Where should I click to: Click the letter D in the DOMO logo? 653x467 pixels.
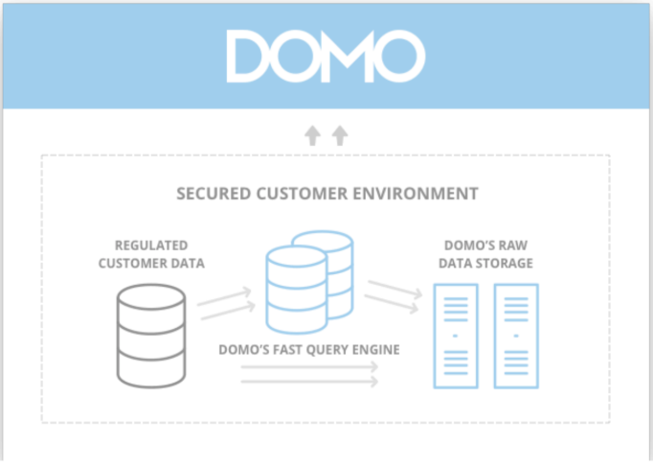tap(247, 55)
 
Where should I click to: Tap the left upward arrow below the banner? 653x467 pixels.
tap(313, 136)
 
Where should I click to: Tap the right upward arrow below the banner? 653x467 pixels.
tap(339, 136)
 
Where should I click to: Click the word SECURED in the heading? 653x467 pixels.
tap(212, 194)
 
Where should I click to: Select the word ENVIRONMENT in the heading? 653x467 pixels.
tap(427, 194)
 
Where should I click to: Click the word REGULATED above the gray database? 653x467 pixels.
tap(151, 245)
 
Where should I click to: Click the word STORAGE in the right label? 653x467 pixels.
tap(507, 263)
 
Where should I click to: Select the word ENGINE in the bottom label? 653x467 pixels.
tap(377, 349)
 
